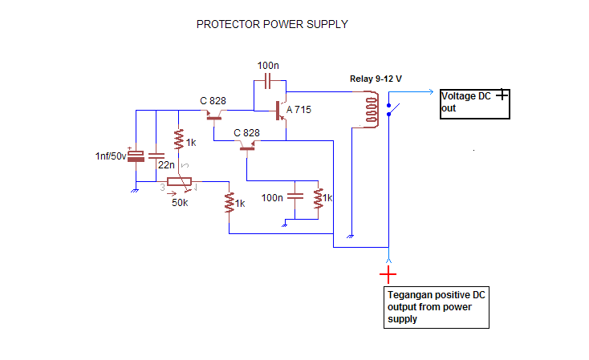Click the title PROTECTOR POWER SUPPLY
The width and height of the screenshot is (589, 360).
[x=272, y=25]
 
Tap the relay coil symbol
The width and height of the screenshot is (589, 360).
[x=372, y=108]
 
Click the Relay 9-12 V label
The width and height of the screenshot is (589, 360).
[x=376, y=79]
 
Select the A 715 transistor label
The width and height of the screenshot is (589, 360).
[x=299, y=110]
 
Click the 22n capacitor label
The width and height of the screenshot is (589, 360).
[x=166, y=164]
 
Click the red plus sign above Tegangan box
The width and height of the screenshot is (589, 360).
[x=388, y=275]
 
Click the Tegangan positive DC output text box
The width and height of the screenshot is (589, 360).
[x=437, y=308]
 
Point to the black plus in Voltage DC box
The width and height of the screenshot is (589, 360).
[x=502, y=95]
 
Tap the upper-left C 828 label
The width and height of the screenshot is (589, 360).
[x=213, y=101]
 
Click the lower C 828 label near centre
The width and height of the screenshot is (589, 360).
[x=247, y=132]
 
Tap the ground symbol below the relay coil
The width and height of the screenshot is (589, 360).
[x=351, y=237]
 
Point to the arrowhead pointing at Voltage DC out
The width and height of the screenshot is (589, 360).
[x=433, y=91]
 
